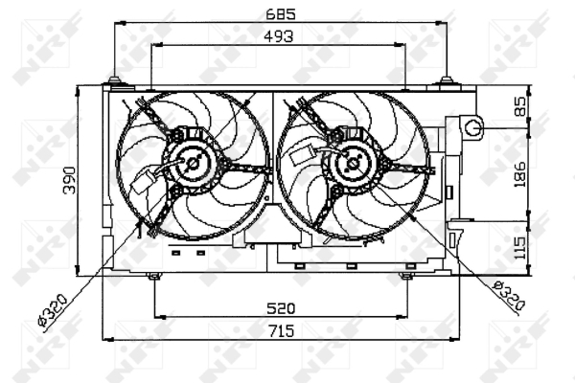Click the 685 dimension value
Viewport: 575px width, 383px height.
pos(281,14)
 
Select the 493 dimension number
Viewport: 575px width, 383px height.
pos(279,36)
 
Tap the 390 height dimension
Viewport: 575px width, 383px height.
pos(69,180)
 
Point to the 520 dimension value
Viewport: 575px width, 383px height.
pos(281,308)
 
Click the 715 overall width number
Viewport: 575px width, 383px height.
pos(281,331)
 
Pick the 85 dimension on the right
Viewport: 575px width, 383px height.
pos(519,106)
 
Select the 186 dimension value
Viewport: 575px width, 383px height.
pos(519,175)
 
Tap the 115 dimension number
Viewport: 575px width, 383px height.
pos(519,248)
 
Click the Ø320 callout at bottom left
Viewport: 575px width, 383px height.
pos(53,310)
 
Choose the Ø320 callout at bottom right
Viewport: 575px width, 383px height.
pos(509,296)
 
